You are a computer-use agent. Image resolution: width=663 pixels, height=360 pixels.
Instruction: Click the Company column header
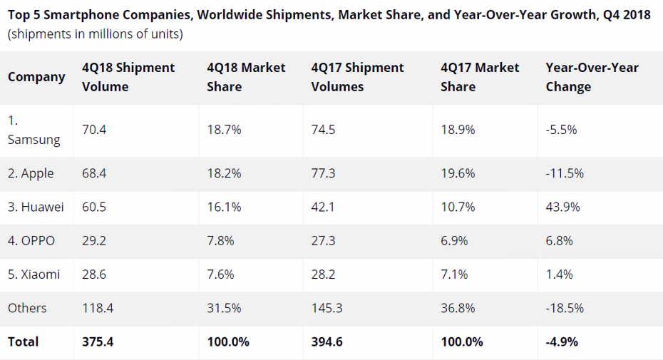36,77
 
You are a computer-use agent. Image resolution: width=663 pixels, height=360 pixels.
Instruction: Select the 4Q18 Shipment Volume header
128,77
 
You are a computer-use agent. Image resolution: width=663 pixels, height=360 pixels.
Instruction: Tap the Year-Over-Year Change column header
592,77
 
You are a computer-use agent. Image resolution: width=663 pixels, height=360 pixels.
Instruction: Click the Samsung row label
34,130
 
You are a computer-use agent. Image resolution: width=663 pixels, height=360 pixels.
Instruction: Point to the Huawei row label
36,207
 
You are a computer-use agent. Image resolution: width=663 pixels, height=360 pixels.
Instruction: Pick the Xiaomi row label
34,274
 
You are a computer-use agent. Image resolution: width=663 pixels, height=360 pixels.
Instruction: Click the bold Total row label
23,341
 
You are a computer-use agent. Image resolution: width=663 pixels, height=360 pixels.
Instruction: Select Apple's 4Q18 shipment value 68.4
94,173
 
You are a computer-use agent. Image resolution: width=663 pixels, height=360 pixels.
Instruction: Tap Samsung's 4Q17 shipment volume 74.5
323,130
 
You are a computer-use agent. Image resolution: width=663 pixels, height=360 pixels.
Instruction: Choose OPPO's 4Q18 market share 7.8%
220,241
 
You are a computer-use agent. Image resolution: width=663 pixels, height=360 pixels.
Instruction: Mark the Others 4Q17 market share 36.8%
458,308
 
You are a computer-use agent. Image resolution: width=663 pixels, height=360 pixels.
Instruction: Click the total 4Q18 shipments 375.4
98,341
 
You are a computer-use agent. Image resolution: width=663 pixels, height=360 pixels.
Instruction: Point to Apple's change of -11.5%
565,173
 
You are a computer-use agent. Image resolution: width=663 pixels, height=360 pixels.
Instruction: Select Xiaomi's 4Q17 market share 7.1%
454,274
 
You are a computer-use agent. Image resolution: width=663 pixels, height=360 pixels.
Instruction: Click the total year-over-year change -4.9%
562,341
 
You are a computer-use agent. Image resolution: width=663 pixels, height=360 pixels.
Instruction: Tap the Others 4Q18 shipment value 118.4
98,308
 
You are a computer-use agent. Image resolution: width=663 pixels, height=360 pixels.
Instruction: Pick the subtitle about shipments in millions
95,34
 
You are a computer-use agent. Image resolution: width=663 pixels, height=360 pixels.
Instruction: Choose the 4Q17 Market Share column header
480,77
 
